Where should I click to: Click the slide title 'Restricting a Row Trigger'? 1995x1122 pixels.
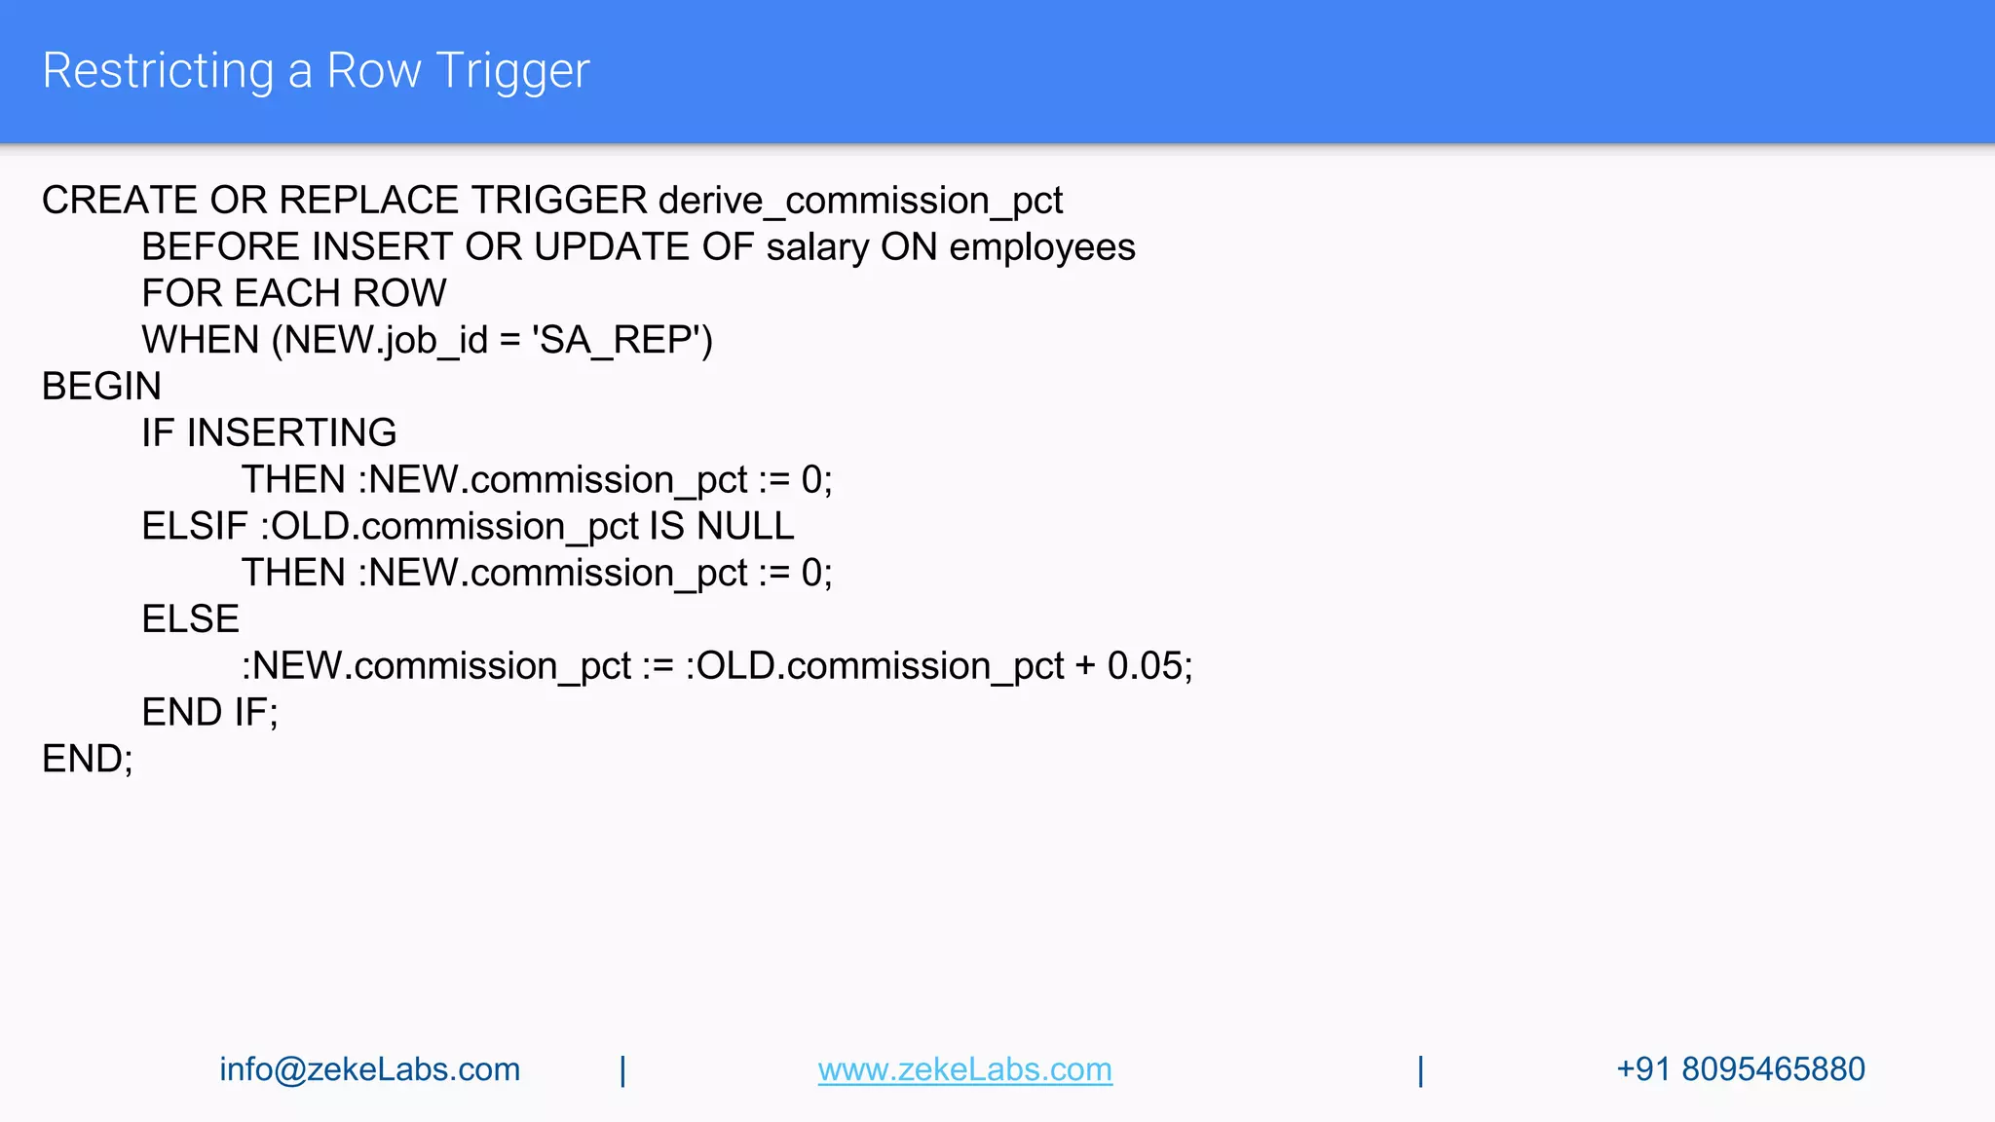click(316, 71)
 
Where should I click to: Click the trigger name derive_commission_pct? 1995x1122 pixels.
click(860, 201)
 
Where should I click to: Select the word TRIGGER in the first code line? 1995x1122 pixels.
click(559, 201)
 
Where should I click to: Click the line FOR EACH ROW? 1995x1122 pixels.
click(293, 293)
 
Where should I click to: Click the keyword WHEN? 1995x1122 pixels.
click(201, 340)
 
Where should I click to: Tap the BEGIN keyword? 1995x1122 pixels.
click(101, 387)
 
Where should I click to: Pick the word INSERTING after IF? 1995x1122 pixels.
click(291, 432)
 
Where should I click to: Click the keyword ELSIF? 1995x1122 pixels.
click(195, 526)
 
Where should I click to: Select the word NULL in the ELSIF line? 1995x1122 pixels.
click(745, 526)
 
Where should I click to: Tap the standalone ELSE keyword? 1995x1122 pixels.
click(190, 619)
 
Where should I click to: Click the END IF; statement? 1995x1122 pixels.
click(209, 713)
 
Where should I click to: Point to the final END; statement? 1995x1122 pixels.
click(87, 759)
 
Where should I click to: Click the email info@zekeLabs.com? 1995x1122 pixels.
click(369, 1069)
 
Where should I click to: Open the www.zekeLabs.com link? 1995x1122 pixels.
click(964, 1069)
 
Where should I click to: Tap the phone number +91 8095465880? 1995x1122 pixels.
click(1740, 1069)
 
